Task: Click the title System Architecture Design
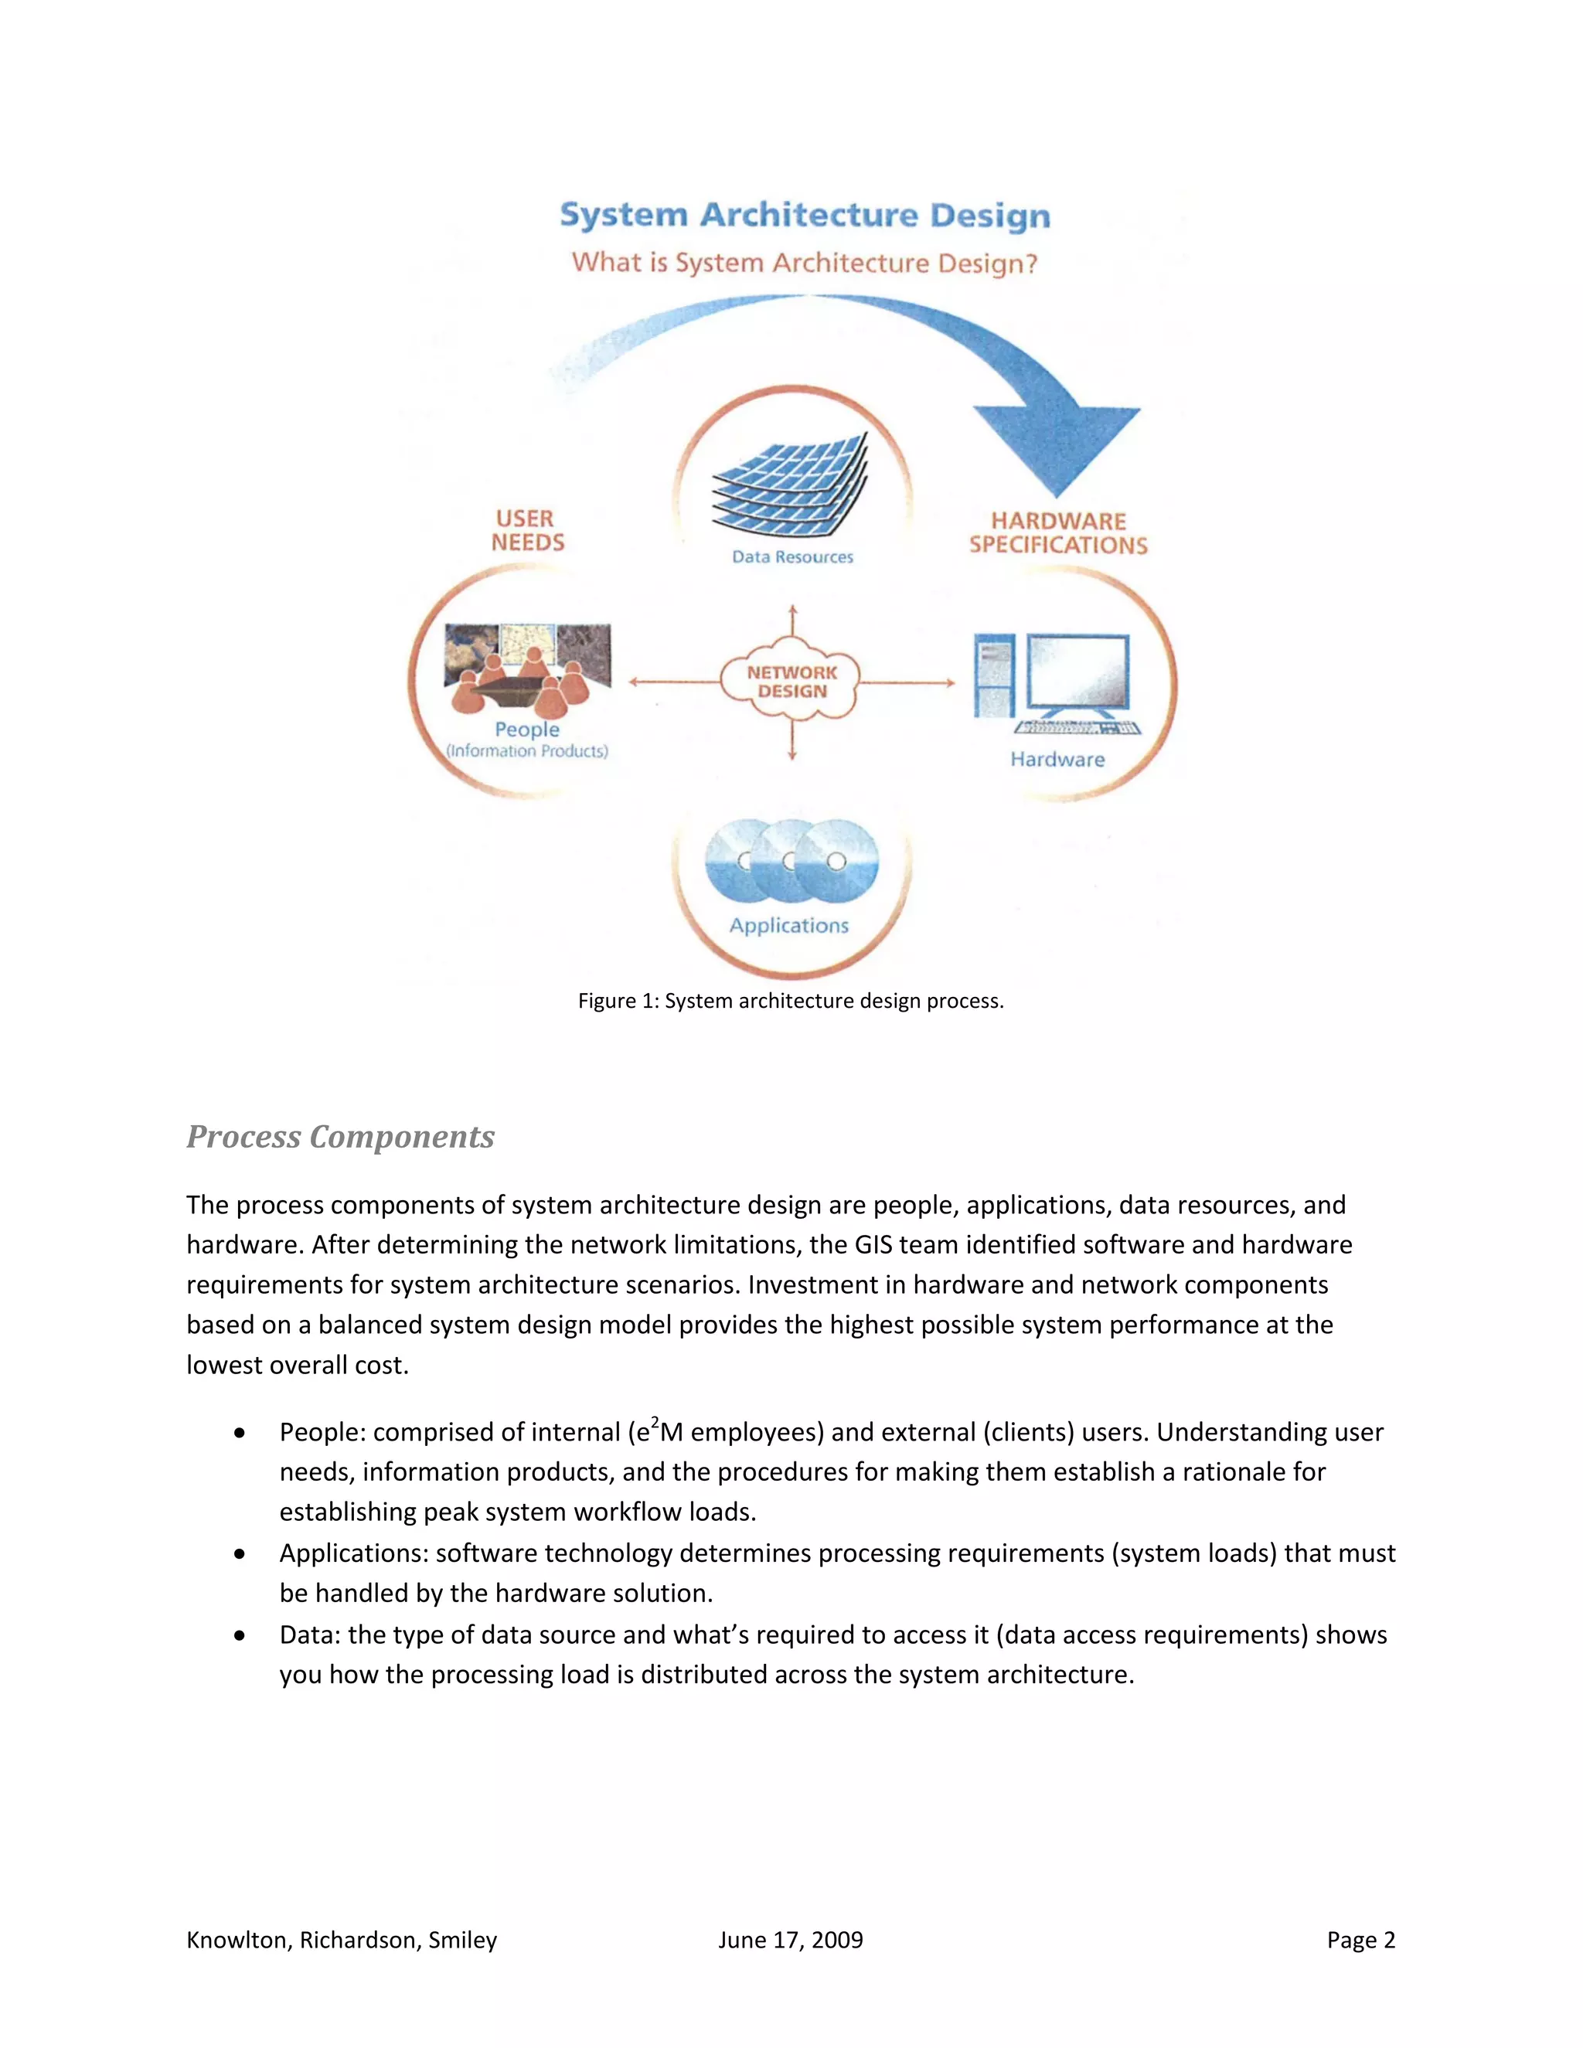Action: coord(805,215)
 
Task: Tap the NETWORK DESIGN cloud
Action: coord(791,682)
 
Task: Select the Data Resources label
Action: coord(792,557)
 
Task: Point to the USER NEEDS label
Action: coord(527,531)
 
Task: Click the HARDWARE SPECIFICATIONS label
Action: coord(1058,532)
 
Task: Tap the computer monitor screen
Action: coord(1078,671)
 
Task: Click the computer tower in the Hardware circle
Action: coord(993,675)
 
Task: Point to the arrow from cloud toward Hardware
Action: coord(907,682)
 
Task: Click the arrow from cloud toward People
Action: coord(673,682)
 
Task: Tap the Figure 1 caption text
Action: coord(791,1001)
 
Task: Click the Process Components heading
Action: coord(340,1137)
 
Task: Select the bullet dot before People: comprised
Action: coord(241,1434)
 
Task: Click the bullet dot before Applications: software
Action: coord(241,1555)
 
